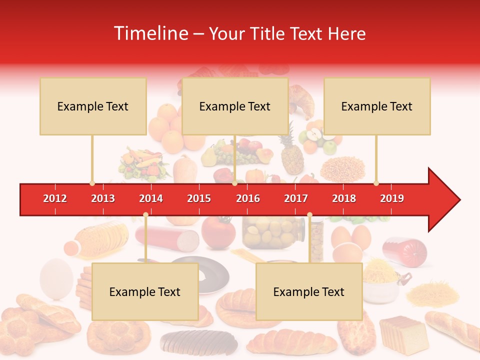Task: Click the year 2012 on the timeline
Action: coord(55,198)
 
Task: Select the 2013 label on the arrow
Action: coord(103,198)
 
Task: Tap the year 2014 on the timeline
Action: coord(151,198)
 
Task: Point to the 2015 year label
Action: coord(199,198)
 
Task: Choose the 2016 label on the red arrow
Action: coord(248,198)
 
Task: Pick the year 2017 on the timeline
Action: coord(296,198)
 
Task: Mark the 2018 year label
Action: coord(344,198)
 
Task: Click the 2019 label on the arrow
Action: coord(392,198)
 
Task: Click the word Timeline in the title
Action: coord(150,33)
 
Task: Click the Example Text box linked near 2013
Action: coord(93,106)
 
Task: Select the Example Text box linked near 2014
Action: coord(145,291)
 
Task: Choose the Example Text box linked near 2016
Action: coord(235,106)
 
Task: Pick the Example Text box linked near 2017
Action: coord(309,291)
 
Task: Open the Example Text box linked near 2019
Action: coord(377,106)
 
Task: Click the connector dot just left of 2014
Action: coord(145,214)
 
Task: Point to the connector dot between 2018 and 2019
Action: coord(376,183)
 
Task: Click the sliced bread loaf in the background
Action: coord(403,333)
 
